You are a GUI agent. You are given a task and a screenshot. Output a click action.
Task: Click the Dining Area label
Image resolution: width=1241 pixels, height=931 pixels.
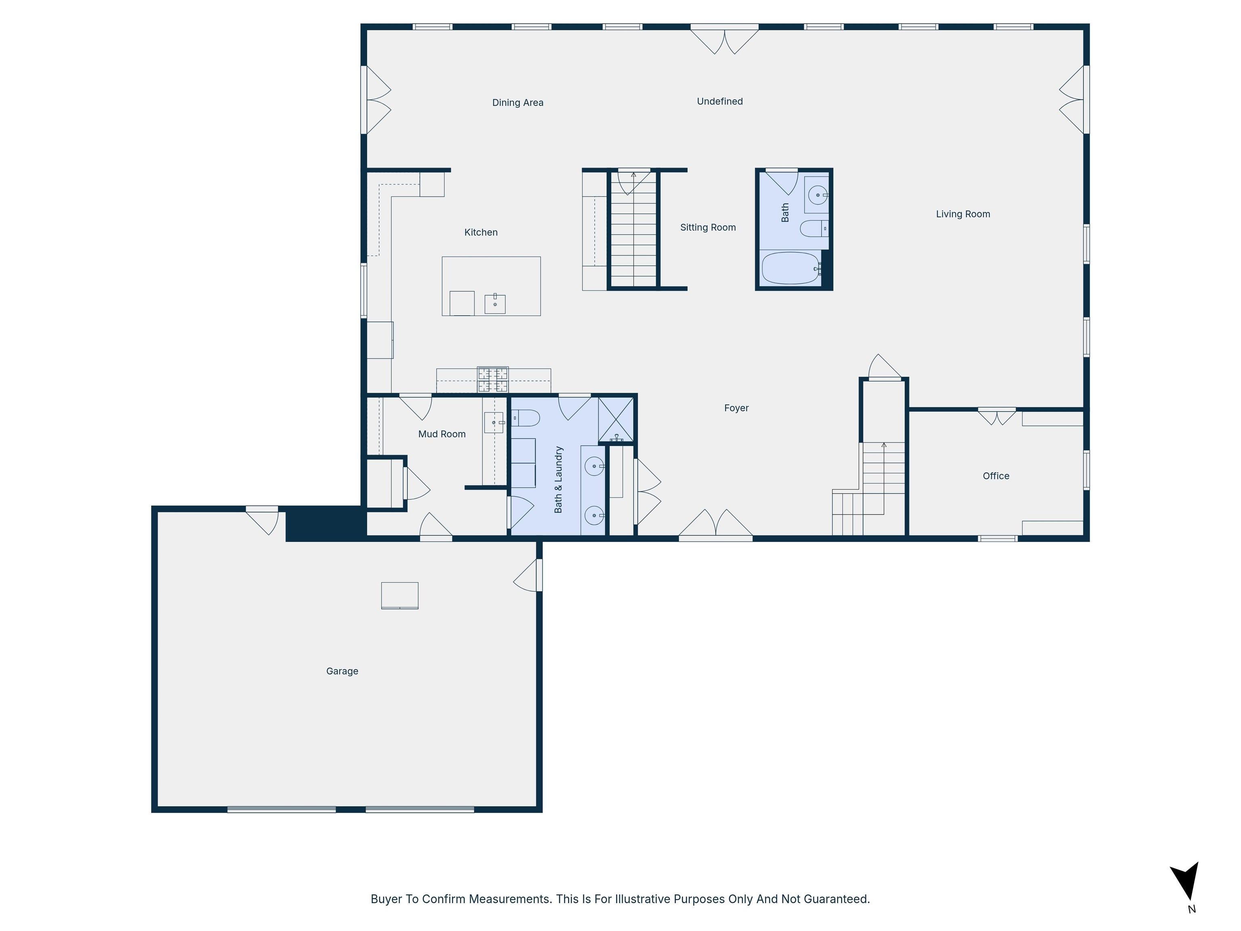coord(517,103)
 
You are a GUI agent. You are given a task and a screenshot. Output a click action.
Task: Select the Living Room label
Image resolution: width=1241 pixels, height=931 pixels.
coord(963,214)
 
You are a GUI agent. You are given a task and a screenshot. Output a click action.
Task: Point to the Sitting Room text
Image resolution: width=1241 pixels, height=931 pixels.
coord(707,227)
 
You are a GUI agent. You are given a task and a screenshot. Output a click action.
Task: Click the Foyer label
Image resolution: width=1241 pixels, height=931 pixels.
coord(736,408)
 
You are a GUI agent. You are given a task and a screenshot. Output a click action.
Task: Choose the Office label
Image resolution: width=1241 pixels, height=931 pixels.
coord(996,476)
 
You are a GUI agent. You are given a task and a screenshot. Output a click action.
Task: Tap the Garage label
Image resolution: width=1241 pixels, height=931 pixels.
coord(342,671)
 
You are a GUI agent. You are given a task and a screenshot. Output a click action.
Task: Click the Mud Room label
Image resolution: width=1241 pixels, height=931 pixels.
coord(442,434)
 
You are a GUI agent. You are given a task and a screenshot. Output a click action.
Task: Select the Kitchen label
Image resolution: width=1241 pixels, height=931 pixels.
coord(481,232)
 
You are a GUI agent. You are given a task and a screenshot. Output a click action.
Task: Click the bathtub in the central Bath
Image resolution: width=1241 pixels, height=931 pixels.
coord(790,268)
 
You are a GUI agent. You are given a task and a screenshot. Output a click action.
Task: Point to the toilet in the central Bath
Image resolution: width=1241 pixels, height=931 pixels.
coord(814,228)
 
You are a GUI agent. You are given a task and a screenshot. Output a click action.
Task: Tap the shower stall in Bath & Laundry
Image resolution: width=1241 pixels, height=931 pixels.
coord(616,419)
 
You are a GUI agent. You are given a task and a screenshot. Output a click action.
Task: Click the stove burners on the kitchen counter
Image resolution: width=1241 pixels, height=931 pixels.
coord(492,379)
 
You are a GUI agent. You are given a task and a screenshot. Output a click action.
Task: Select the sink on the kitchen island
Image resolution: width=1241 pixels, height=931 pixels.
coord(495,303)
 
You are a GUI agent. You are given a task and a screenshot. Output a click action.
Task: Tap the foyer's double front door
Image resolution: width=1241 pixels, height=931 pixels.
coord(715,525)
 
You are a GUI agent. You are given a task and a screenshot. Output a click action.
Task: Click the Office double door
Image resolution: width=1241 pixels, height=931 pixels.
coord(996,416)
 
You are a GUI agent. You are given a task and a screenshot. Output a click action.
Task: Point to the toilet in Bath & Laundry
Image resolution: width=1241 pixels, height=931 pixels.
coord(525,418)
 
